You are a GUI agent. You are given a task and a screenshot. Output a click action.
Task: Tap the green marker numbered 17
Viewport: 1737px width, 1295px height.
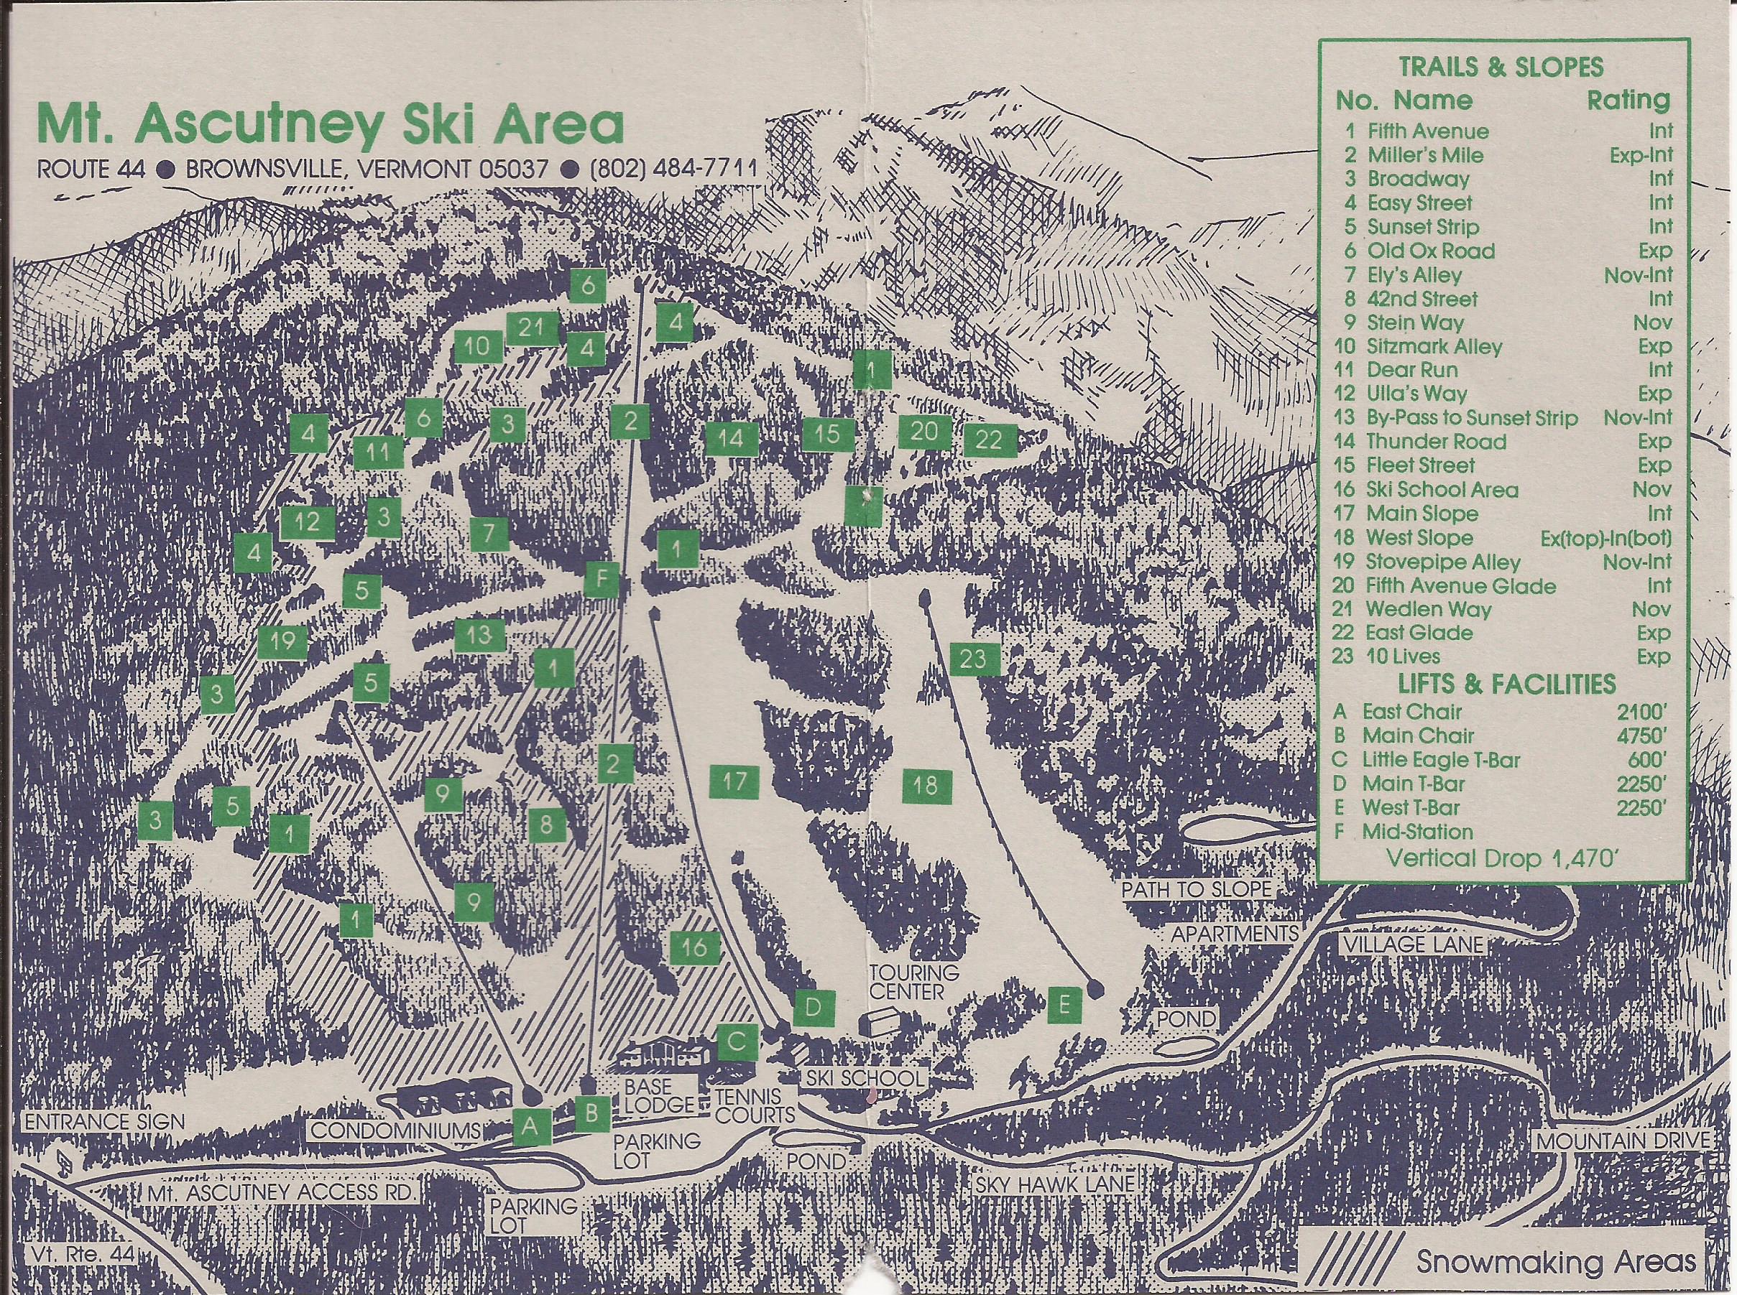point(734,781)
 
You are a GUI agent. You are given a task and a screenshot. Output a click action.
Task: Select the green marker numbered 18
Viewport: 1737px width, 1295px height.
point(926,786)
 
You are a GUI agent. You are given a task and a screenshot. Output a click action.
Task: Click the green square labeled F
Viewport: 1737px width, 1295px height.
point(602,580)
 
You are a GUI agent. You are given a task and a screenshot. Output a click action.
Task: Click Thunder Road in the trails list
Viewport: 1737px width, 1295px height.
point(1435,441)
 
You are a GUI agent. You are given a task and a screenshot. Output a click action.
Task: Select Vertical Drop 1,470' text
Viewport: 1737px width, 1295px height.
point(1500,857)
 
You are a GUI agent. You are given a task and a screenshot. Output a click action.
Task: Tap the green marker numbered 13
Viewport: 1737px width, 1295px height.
point(479,635)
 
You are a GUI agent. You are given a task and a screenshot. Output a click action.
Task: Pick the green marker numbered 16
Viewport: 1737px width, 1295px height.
point(694,948)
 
